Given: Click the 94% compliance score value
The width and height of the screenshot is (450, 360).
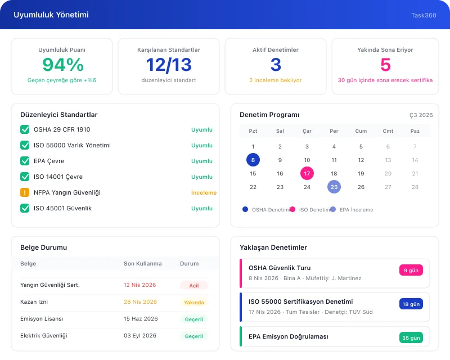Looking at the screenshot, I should tap(62, 65).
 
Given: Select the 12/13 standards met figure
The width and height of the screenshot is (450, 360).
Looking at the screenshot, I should tap(169, 65).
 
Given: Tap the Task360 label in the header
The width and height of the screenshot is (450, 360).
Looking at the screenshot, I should tap(424, 15).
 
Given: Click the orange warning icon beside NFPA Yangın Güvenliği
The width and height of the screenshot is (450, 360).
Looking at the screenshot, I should tap(25, 192).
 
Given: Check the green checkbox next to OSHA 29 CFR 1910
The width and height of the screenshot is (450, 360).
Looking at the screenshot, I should tap(25, 129).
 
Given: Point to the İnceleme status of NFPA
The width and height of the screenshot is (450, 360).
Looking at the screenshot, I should tap(204, 192).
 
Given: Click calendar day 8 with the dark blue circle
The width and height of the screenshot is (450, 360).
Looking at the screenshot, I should tap(253, 160).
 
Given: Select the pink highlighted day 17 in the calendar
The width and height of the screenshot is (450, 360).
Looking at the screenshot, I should tap(307, 173).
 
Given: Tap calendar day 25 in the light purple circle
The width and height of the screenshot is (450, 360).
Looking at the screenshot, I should tap(334, 187).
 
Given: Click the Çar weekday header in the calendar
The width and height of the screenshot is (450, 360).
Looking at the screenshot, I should tap(307, 131).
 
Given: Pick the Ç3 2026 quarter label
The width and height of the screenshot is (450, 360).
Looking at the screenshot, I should tap(421, 115).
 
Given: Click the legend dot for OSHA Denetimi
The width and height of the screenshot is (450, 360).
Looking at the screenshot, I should tap(245, 209).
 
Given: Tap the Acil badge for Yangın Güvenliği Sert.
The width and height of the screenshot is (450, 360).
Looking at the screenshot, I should tap(194, 285).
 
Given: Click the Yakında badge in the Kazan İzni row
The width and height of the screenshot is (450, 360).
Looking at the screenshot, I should tap(194, 302).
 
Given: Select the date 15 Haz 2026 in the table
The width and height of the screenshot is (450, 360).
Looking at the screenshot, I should tap(141, 319).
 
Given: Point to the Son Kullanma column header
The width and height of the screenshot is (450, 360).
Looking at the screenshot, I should tap(143, 263).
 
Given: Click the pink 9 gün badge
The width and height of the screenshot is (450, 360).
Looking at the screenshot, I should tap(411, 271).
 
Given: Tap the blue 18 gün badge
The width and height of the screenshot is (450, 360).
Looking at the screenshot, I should tap(411, 304).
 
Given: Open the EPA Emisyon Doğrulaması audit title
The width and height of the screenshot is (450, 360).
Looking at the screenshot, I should tap(288, 336).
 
